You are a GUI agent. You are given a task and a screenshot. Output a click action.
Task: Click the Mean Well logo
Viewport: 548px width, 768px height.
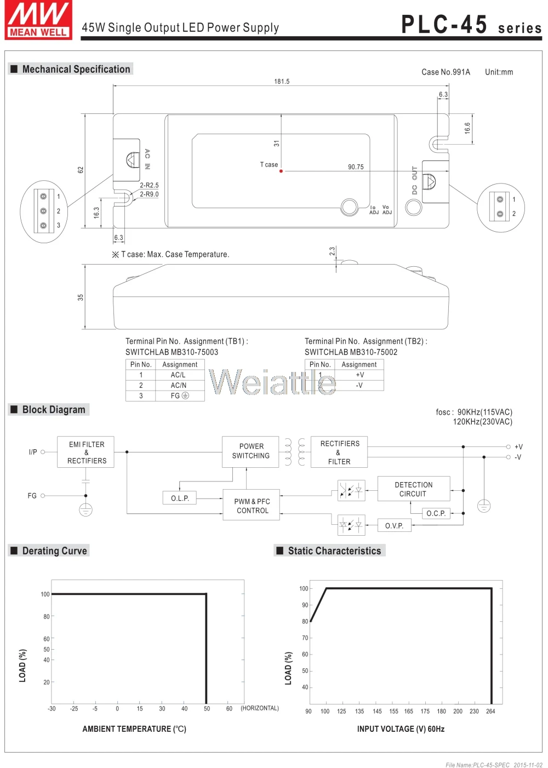(x=38, y=20)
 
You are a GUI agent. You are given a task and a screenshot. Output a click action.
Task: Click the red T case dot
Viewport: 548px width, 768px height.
(x=281, y=171)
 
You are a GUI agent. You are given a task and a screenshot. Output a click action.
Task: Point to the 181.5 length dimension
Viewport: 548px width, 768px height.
(x=282, y=81)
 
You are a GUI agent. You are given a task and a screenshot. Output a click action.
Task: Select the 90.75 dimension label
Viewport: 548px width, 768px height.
(x=356, y=167)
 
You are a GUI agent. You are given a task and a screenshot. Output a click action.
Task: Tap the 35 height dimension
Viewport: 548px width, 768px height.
(x=80, y=297)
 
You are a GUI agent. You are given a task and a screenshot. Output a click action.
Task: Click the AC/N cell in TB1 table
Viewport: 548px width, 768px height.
(x=178, y=386)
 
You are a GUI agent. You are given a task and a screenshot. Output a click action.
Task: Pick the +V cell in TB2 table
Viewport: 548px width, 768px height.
(x=359, y=375)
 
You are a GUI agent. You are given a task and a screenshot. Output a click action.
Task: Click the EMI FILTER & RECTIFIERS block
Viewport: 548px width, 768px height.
(x=85, y=452)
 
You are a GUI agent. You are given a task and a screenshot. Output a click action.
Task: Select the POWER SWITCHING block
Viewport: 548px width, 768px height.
(x=250, y=452)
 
